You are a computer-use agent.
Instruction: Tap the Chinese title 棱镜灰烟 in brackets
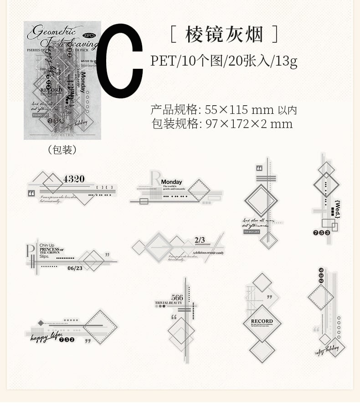(x=223, y=34)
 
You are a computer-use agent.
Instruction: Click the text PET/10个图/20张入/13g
(x=224, y=61)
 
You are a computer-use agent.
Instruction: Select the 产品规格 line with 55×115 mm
(x=223, y=110)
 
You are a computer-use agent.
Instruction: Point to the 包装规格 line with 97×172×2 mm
(x=222, y=124)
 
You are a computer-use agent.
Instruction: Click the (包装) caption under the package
(x=62, y=150)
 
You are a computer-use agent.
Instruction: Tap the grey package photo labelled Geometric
(x=62, y=80)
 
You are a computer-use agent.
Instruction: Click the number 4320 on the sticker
(x=74, y=179)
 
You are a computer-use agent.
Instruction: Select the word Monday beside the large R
(x=171, y=182)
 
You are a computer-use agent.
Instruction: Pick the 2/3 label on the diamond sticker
(x=200, y=240)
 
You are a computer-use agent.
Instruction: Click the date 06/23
(x=75, y=268)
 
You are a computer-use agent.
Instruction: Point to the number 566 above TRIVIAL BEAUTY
(x=177, y=298)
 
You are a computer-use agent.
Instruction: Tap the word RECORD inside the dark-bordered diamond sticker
(x=262, y=321)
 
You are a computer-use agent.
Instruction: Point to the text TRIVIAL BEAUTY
(x=169, y=303)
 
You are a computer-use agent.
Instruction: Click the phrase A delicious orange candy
(x=207, y=252)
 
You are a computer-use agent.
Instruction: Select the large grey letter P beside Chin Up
(x=31, y=251)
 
